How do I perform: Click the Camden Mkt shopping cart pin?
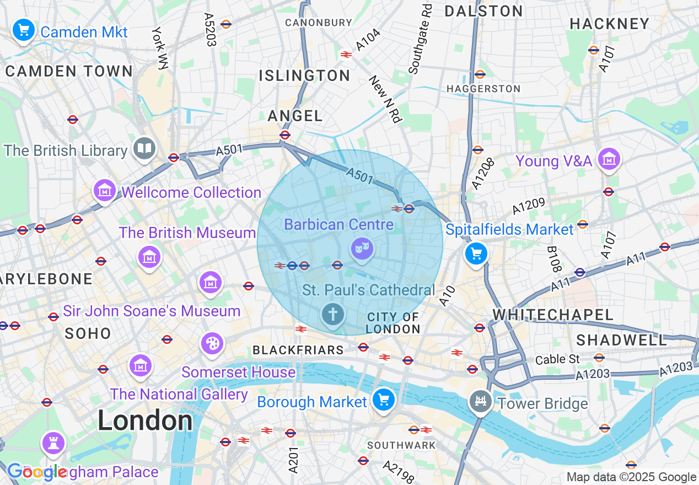(23, 30)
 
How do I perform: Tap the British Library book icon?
(144, 149)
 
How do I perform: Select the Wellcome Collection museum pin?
(105, 190)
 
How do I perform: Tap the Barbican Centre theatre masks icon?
(362, 249)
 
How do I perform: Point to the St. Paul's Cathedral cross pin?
(332, 315)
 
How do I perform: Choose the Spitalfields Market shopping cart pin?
(476, 254)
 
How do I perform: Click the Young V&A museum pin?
(609, 160)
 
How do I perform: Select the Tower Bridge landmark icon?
(480, 402)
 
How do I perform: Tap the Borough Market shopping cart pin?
(384, 400)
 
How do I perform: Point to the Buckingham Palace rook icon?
(53, 443)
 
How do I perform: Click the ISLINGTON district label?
(304, 76)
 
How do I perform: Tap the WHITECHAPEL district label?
(553, 315)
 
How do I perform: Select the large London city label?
(145, 421)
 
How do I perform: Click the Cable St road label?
(557, 359)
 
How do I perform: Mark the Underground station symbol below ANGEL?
(285, 135)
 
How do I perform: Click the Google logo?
(37, 472)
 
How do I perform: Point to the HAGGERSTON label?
(483, 89)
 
